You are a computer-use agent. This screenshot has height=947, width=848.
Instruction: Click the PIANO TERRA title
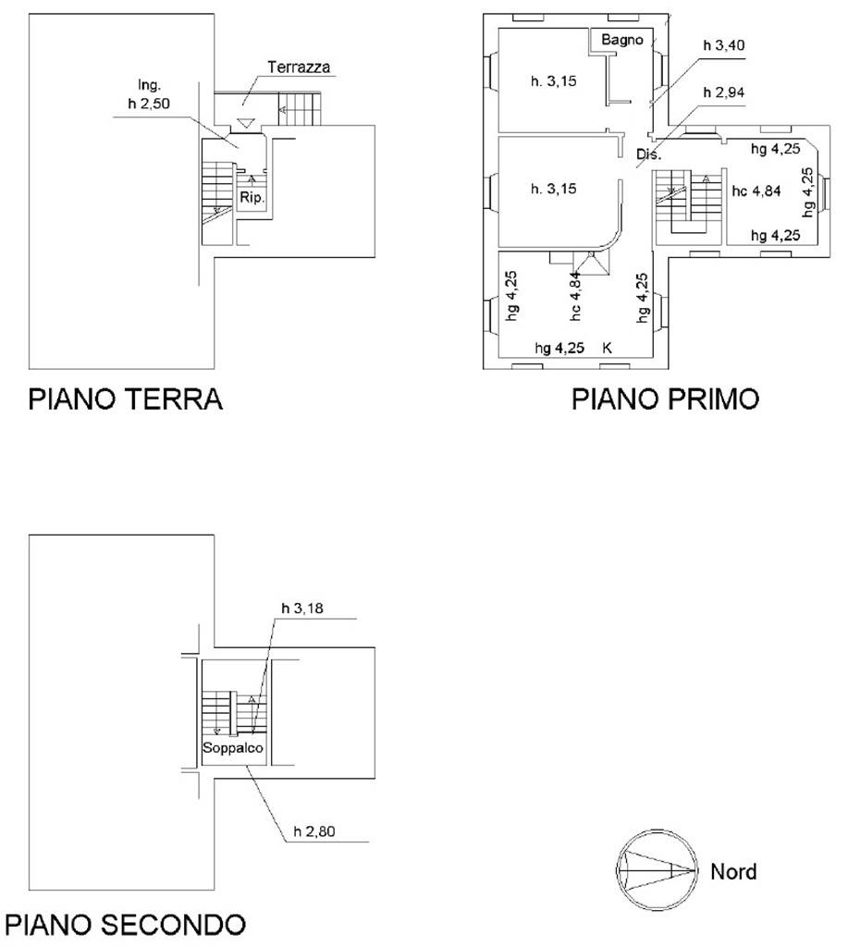click(x=125, y=400)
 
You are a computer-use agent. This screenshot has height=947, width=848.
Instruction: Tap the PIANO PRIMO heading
click(x=665, y=400)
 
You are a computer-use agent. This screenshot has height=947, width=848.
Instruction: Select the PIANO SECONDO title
click(x=125, y=925)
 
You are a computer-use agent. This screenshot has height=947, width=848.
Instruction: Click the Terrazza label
click(x=299, y=67)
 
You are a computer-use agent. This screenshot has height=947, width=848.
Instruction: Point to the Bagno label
click(x=622, y=40)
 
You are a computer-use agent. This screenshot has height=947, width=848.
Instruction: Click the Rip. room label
click(x=252, y=198)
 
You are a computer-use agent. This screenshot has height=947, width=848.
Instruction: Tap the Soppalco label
click(x=232, y=747)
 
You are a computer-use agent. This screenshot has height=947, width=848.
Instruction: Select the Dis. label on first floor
click(x=648, y=154)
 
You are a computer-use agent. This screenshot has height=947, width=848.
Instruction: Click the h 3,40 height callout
click(x=723, y=45)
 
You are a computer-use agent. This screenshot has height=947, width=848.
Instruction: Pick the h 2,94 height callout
click(x=723, y=92)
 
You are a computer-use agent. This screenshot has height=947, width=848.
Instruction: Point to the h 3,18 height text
click(x=302, y=609)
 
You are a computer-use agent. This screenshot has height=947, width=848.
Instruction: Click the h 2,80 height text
click(x=314, y=831)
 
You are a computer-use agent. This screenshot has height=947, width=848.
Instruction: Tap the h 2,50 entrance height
click(x=149, y=104)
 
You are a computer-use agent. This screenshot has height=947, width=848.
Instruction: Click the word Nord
click(x=733, y=871)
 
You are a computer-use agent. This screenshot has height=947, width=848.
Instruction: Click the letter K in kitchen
click(x=607, y=348)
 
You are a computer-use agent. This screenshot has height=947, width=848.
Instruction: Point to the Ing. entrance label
click(x=150, y=85)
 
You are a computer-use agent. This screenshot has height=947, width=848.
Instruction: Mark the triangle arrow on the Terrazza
click(x=244, y=123)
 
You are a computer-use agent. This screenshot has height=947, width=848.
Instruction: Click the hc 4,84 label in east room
click(x=756, y=191)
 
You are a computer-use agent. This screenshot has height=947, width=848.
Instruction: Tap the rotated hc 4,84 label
click(x=575, y=296)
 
